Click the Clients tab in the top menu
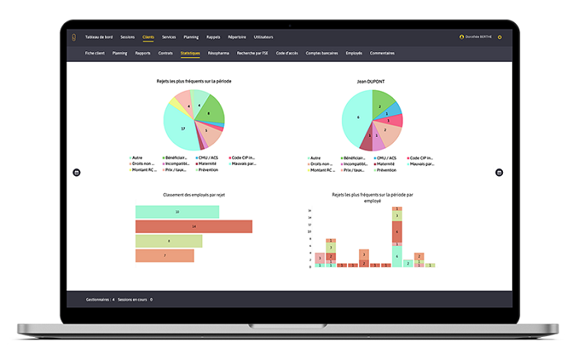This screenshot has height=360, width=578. click(148, 37)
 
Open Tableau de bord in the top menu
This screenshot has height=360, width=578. click(99, 37)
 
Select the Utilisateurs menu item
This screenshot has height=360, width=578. click(263, 37)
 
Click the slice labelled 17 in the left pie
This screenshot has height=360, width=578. click(182, 129)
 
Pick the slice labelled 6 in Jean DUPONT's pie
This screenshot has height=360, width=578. click(357, 120)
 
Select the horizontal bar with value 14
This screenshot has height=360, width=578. click(193, 226)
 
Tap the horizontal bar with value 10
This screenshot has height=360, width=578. click(177, 212)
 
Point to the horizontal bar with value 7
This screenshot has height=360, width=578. click(164, 256)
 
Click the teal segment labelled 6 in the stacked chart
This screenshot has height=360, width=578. click(396, 256)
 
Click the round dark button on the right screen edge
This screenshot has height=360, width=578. click(499, 173)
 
